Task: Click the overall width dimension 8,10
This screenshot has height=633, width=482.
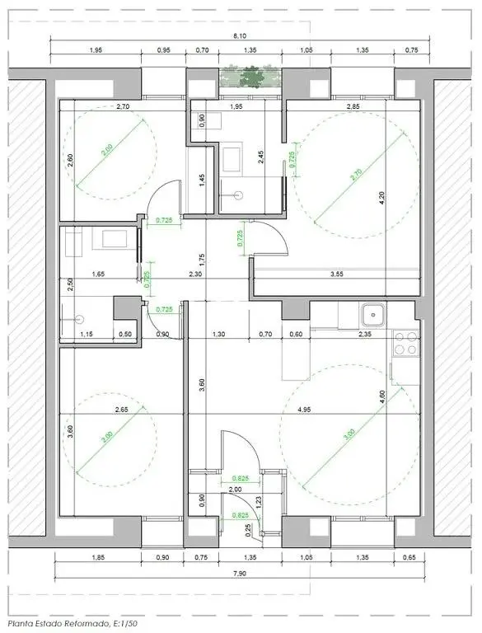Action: tap(240, 35)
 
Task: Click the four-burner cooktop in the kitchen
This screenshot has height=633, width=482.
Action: tap(405, 342)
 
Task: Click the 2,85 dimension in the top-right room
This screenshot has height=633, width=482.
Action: tap(353, 107)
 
